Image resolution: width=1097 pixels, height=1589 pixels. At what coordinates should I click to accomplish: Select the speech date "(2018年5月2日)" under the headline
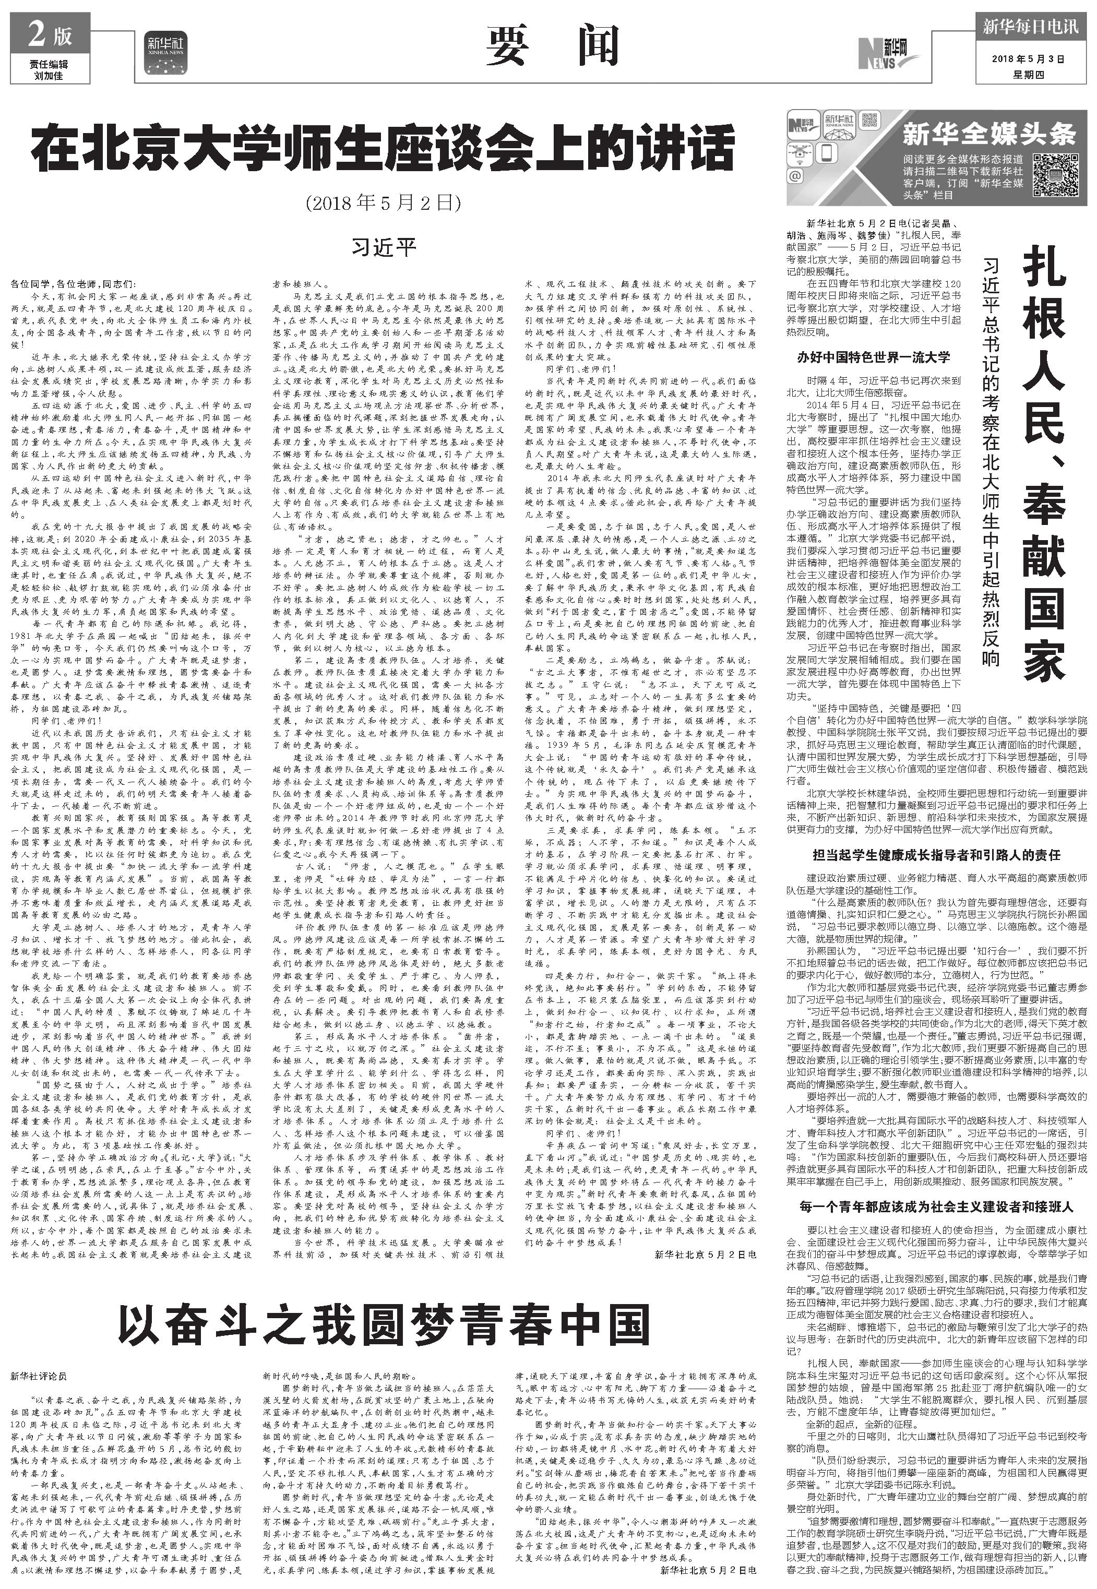383,204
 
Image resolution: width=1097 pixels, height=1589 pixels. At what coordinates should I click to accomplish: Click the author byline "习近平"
384,246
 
